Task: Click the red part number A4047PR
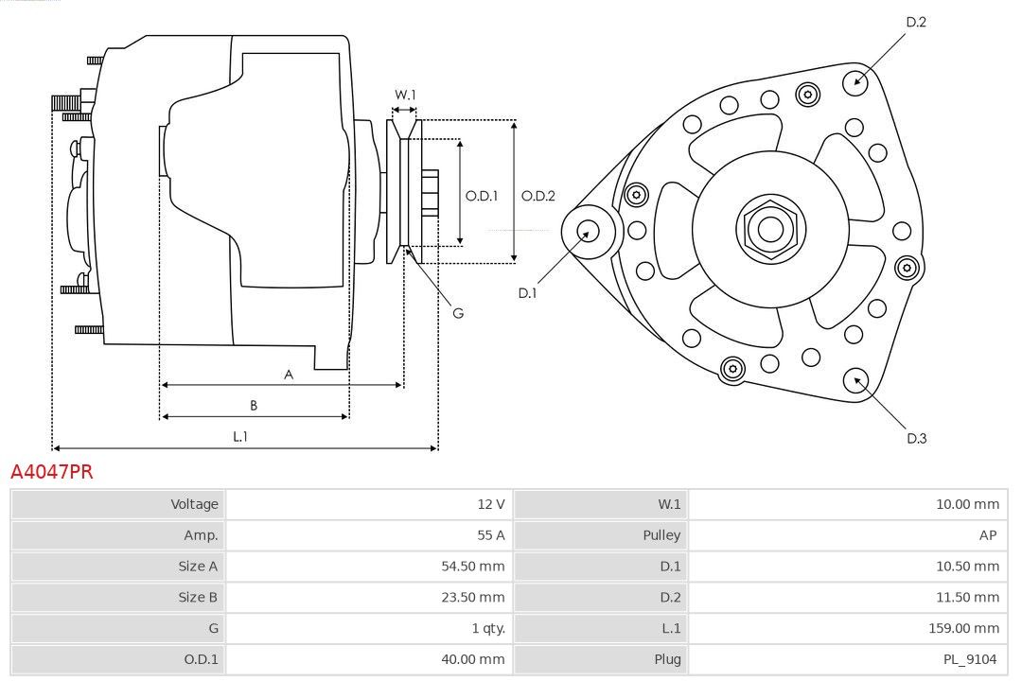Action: click(x=52, y=471)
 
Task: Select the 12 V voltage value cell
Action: click(x=369, y=504)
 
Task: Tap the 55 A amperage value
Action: click(x=491, y=535)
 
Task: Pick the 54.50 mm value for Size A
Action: click(x=472, y=567)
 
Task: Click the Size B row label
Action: click(x=198, y=597)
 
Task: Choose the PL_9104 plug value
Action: click(x=970, y=659)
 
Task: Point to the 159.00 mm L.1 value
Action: click(x=963, y=628)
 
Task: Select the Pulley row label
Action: click(x=661, y=535)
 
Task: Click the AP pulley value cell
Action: click(x=848, y=535)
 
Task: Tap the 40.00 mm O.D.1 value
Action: click(x=472, y=659)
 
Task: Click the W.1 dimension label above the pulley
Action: click(x=405, y=95)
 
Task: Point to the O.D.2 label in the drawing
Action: click(x=537, y=196)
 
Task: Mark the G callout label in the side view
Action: click(x=458, y=313)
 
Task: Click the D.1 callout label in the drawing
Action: click(x=527, y=293)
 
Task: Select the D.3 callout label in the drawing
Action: click(x=916, y=439)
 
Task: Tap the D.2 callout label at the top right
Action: click(x=916, y=22)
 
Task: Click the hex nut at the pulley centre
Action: click(x=771, y=229)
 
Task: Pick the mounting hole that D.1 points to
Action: click(x=589, y=232)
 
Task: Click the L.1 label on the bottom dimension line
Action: click(x=239, y=436)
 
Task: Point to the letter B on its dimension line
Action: click(x=254, y=406)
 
